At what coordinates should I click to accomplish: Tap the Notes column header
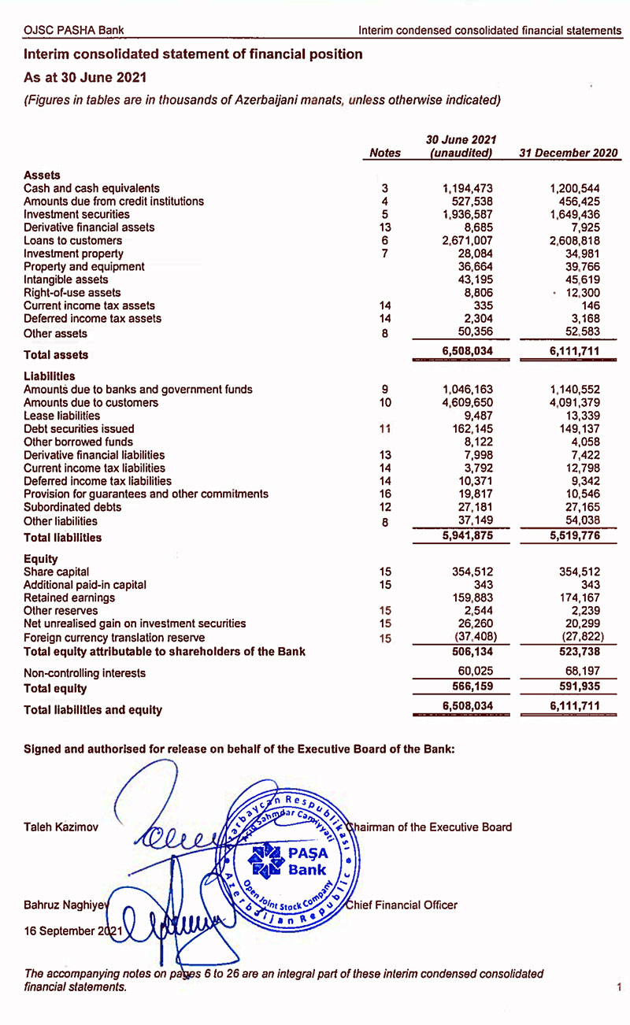(385, 153)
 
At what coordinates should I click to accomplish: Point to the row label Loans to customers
(72, 240)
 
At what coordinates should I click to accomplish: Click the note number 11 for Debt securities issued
(385, 429)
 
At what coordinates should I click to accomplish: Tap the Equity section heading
(41, 558)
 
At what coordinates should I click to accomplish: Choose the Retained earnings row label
(69, 598)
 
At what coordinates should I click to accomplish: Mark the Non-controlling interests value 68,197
(579, 673)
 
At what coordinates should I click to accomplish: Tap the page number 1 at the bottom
(619, 986)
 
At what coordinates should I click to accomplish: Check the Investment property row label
(73, 253)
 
